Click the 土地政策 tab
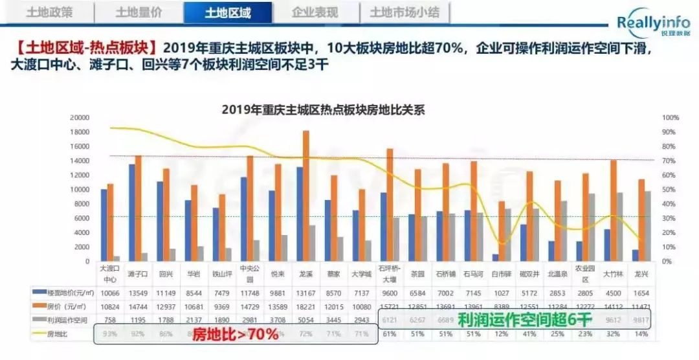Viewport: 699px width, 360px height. (50, 12)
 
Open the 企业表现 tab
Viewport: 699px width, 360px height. (315, 12)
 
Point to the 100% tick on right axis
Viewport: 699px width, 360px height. (671, 118)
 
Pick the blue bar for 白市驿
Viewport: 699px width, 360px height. (494, 258)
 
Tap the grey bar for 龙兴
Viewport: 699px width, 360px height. (647, 226)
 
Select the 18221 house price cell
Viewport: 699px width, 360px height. (305, 306)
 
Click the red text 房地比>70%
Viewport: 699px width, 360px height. (236, 334)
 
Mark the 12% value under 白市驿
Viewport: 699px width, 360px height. (500, 334)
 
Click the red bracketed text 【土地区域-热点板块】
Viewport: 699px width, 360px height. (85, 49)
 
